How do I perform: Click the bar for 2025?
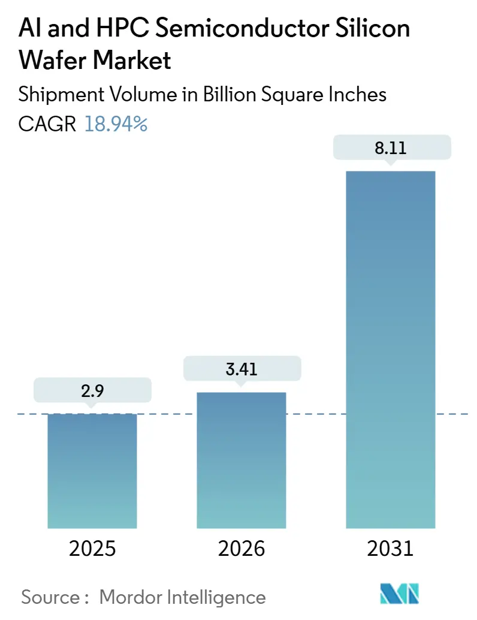pos(92,471)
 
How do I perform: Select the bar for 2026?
pos(241,460)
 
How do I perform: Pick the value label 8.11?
pos(391,148)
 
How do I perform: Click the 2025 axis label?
pos(92,548)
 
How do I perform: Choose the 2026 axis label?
pos(241,548)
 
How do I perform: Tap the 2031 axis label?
pos(391,548)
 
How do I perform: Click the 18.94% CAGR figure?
pos(116,124)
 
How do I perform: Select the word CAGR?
pos(47,124)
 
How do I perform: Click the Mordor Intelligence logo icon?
pos(400,594)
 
